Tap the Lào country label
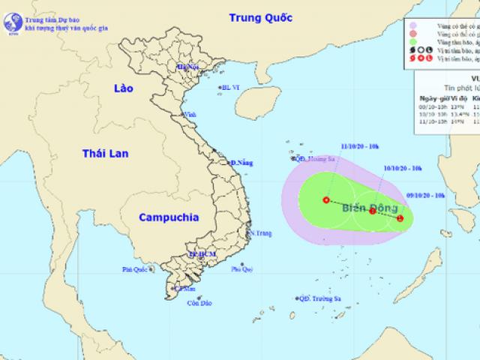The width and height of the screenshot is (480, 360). click(118, 88)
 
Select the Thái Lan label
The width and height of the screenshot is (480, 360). click(105, 154)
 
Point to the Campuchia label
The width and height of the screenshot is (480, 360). click(168, 217)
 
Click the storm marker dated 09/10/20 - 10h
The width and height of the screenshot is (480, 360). click(400, 219)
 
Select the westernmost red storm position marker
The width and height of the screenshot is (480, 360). click(325, 200)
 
